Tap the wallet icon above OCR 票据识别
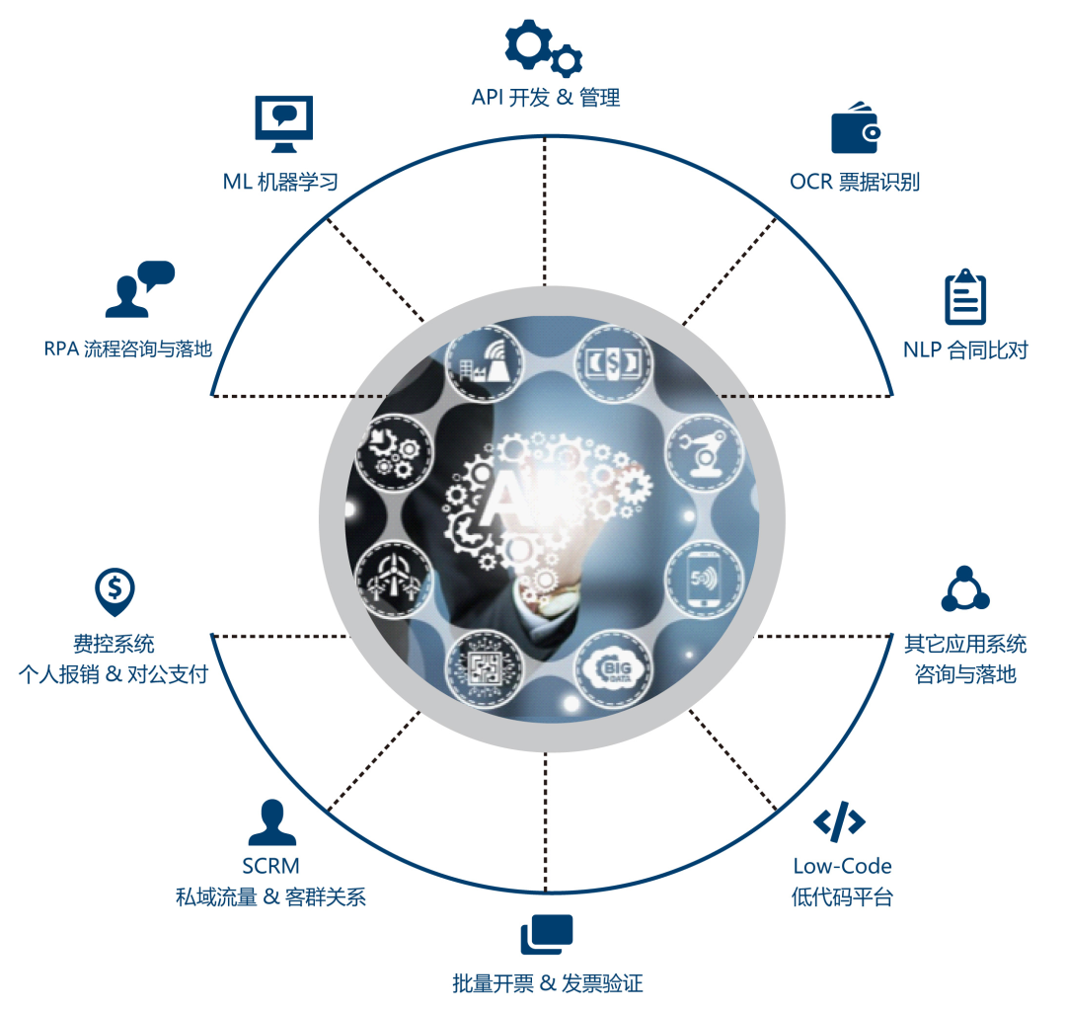[854, 128]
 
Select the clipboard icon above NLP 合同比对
[964, 297]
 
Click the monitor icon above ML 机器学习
[283, 124]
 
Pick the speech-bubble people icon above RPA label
[139, 288]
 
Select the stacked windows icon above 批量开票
[547, 934]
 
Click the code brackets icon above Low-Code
[839, 821]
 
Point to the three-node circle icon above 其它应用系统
[964, 590]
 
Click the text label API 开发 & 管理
[545, 98]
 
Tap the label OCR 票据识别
[855, 182]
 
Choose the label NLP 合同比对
[965, 350]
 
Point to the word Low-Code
[842, 866]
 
